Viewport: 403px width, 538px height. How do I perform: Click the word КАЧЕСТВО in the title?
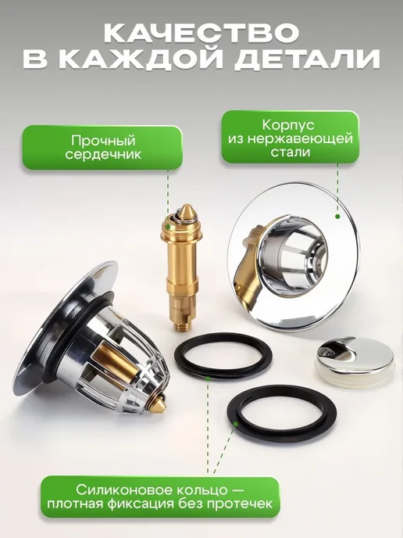pyautogui.click(x=201, y=34)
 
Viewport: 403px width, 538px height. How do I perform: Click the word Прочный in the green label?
pyautogui.click(x=104, y=141)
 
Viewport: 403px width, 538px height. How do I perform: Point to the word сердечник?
pyautogui.click(x=103, y=155)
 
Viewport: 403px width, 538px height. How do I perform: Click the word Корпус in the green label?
pyautogui.click(x=288, y=125)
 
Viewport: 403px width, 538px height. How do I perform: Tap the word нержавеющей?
pyautogui.click(x=300, y=139)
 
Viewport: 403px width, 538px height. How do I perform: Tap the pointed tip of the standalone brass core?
pyautogui.click(x=187, y=206)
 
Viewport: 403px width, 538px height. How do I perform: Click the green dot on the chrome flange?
pyautogui.click(x=337, y=216)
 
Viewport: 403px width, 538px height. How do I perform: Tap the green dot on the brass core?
pyautogui.click(x=168, y=227)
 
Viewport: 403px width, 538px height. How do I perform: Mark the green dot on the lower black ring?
pyautogui.click(x=235, y=424)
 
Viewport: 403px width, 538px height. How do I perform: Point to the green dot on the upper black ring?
pyautogui.click(x=208, y=378)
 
